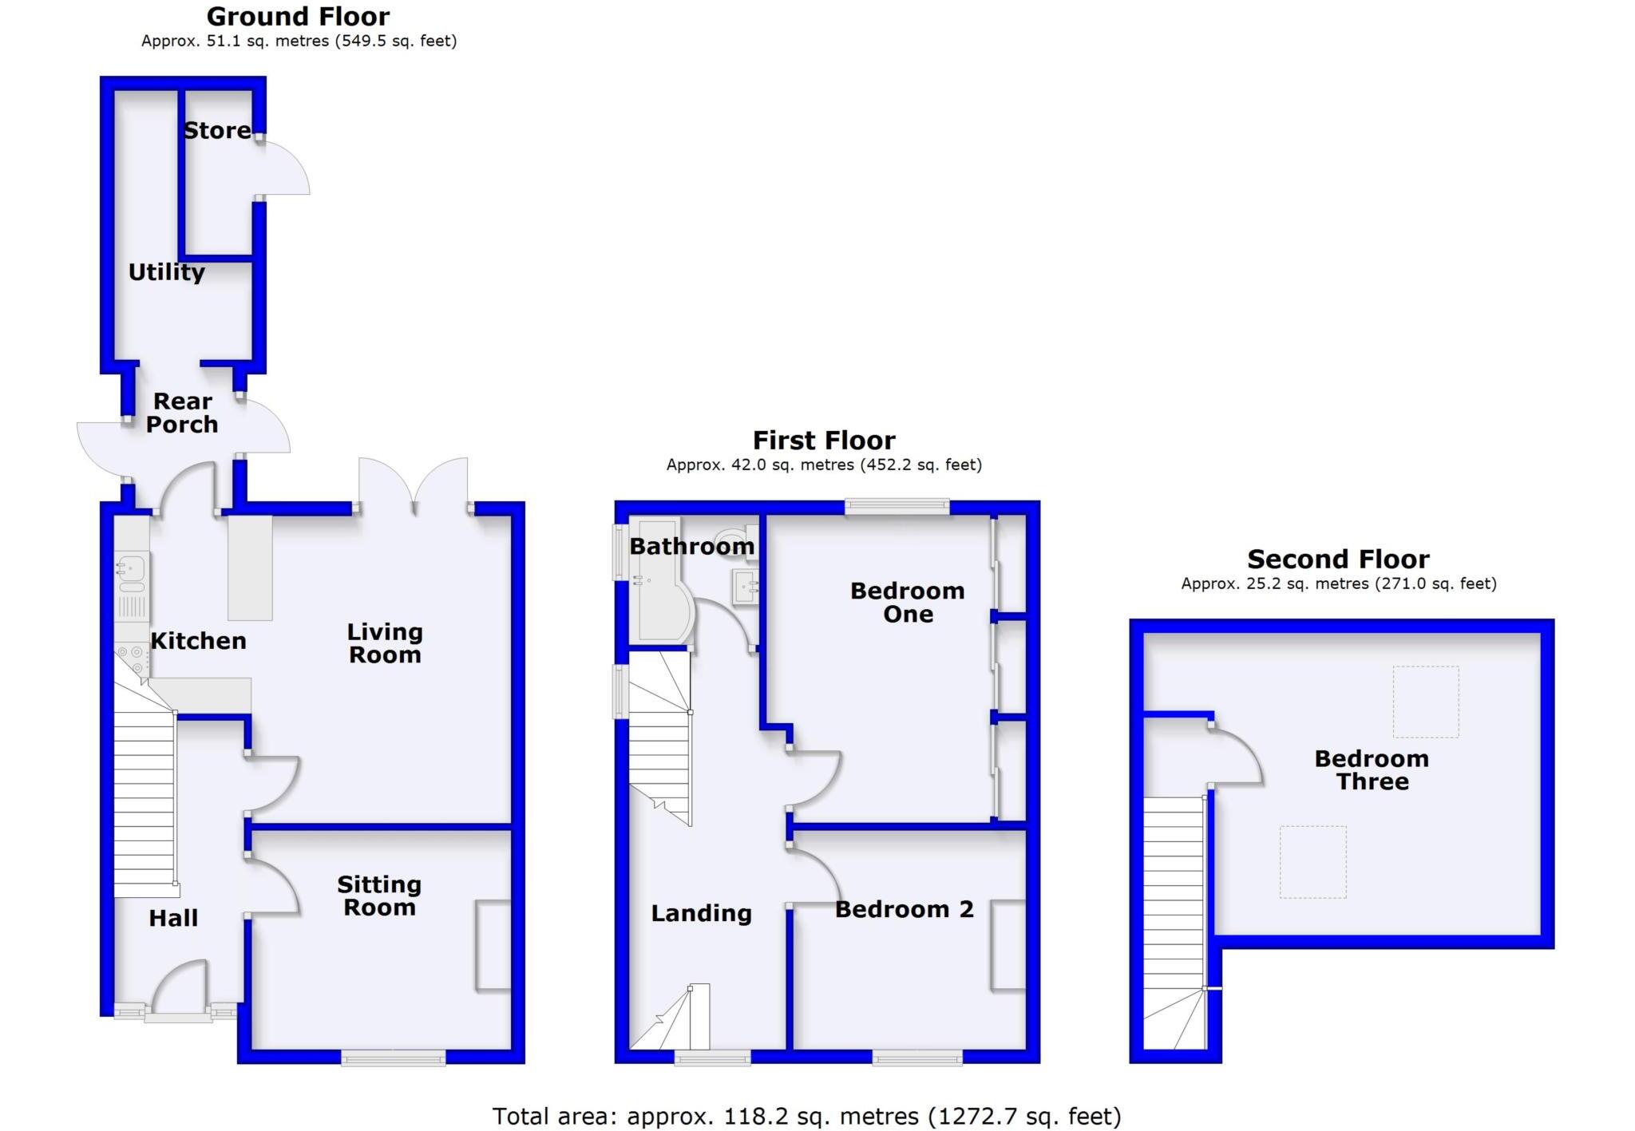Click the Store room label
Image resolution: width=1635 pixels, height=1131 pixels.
217,130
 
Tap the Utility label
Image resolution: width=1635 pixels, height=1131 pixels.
167,272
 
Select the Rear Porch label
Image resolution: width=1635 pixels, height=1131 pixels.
182,413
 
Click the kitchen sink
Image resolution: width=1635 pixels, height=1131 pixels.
129,568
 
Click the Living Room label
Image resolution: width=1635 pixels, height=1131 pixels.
384,643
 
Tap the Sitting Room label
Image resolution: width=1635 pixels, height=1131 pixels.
379,896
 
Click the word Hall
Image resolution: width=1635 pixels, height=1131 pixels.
173,918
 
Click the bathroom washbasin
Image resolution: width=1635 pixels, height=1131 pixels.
744,588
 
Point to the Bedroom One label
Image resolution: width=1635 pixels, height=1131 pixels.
907,602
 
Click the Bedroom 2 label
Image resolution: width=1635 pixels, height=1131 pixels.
904,909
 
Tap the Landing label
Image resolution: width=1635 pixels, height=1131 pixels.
701,913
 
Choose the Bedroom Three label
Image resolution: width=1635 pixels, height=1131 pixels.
1372,769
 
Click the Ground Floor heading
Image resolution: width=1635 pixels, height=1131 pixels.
298,16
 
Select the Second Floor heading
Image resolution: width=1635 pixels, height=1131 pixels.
1338,559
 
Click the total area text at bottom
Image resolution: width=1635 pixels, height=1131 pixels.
806,1116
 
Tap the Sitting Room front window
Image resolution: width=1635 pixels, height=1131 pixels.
393,1058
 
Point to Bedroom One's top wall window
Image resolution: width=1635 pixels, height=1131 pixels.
897,506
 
